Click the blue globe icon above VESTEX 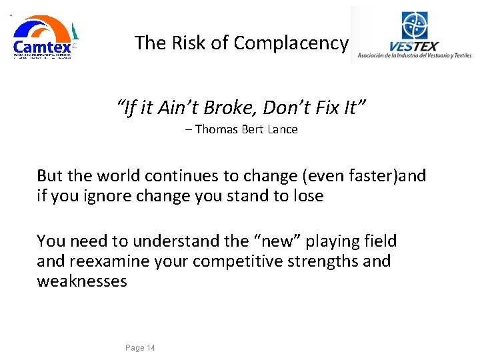coord(415,26)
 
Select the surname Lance coord(283,129)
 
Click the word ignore coord(107,196)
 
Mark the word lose coord(309,196)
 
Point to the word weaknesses coord(82,281)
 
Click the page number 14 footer coord(140,348)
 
